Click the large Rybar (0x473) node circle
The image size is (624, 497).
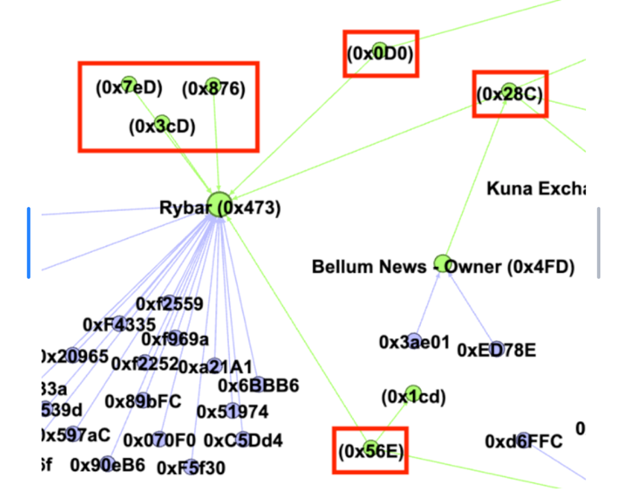[x=219, y=204]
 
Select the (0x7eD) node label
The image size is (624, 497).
[x=128, y=87]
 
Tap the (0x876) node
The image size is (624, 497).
[x=213, y=89]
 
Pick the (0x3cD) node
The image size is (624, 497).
[x=162, y=126]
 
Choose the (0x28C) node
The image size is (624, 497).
[x=509, y=94]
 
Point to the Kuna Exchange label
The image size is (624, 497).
[x=535, y=188]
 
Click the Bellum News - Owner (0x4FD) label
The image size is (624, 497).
[x=443, y=266]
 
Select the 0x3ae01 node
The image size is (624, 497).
[x=414, y=342]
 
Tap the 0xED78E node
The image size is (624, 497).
[x=496, y=350]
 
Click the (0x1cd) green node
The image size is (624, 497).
[x=413, y=396]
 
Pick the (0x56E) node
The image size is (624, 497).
[x=370, y=450]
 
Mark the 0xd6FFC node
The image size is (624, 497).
[x=524, y=442]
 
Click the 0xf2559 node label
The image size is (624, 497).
[x=169, y=304]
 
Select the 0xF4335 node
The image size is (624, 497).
[x=120, y=324]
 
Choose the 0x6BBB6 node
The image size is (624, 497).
[x=258, y=385]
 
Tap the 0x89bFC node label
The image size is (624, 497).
[x=143, y=401]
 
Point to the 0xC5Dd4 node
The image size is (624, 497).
[x=243, y=440]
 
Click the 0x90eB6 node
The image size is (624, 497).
[x=108, y=464]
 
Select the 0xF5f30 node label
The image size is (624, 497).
[x=190, y=468]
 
